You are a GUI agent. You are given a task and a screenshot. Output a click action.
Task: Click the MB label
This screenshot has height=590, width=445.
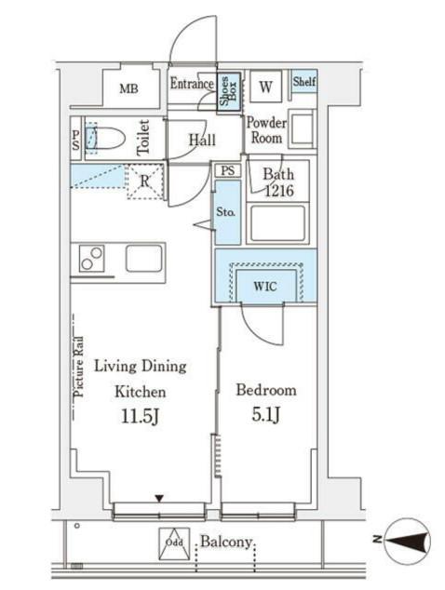point(128,88)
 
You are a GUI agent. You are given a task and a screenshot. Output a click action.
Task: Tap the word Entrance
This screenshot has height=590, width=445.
point(192,83)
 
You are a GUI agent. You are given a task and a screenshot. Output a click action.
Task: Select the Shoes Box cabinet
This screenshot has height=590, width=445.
point(228,91)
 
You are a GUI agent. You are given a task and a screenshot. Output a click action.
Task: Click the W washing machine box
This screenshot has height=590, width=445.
point(266,87)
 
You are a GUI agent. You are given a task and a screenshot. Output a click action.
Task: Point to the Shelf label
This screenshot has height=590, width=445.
point(304,81)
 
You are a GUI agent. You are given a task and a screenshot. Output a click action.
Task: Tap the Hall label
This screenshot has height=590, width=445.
point(202,140)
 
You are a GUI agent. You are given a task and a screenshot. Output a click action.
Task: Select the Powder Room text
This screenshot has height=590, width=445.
point(266,129)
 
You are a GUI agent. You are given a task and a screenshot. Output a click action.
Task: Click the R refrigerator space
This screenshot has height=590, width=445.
point(145,181)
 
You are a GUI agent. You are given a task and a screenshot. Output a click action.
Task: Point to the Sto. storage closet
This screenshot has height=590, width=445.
point(227,212)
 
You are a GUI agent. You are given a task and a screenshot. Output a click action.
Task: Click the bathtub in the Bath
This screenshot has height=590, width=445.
point(277,223)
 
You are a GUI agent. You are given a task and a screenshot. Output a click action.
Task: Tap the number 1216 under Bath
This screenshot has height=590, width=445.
point(279,191)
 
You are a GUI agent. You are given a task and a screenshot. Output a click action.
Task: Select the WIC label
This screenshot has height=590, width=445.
point(265,287)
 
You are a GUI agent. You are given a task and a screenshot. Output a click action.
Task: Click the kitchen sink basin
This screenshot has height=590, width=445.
point(144,258)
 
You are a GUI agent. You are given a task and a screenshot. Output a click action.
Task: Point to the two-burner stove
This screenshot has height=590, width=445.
point(91,259)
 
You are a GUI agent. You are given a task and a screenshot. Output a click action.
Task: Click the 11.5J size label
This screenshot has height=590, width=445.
point(140,416)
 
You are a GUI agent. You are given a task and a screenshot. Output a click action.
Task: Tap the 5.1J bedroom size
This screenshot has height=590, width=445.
point(266,415)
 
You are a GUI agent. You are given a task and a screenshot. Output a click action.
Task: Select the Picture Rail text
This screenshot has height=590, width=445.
point(79,367)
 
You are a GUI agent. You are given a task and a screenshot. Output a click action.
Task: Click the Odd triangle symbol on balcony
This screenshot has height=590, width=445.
point(174,544)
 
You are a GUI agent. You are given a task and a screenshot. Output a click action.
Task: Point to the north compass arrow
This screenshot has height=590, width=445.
point(409,541)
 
